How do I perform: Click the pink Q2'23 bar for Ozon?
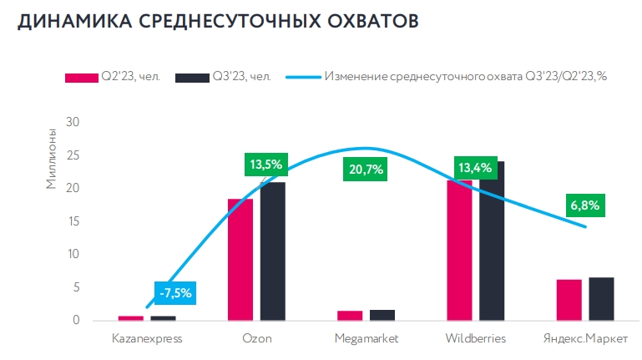click(x=240, y=259)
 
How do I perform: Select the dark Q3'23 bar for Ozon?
click(x=272, y=251)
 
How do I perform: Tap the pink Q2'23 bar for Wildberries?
click(x=459, y=250)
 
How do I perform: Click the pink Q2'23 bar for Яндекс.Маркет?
click(x=569, y=299)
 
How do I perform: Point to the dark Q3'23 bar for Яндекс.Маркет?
click(x=601, y=298)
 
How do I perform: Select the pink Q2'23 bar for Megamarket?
click(x=350, y=315)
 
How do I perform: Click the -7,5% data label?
click(x=174, y=292)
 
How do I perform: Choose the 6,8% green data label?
click(x=585, y=205)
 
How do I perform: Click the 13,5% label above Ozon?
click(x=265, y=164)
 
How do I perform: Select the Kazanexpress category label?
click(x=147, y=339)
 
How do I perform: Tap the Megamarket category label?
click(x=366, y=339)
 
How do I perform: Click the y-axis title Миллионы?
click(x=51, y=158)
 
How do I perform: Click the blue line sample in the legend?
click(x=303, y=78)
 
